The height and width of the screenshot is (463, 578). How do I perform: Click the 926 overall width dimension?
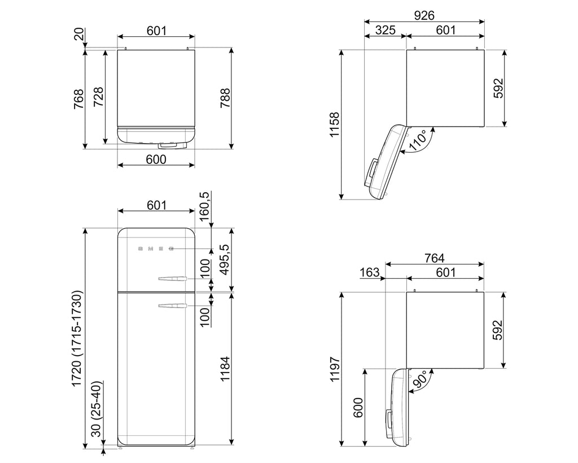click(424, 15)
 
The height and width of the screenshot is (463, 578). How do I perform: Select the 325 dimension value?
click(385, 30)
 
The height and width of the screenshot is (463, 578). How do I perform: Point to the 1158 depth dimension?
click(334, 125)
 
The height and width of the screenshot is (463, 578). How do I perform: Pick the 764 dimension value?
click(434, 258)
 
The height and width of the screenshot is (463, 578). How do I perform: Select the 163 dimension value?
click(369, 272)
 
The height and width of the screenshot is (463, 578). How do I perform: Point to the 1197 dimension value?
click(335, 369)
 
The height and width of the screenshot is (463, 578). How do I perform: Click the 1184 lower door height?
click(225, 369)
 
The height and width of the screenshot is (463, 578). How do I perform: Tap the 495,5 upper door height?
click(225, 259)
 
